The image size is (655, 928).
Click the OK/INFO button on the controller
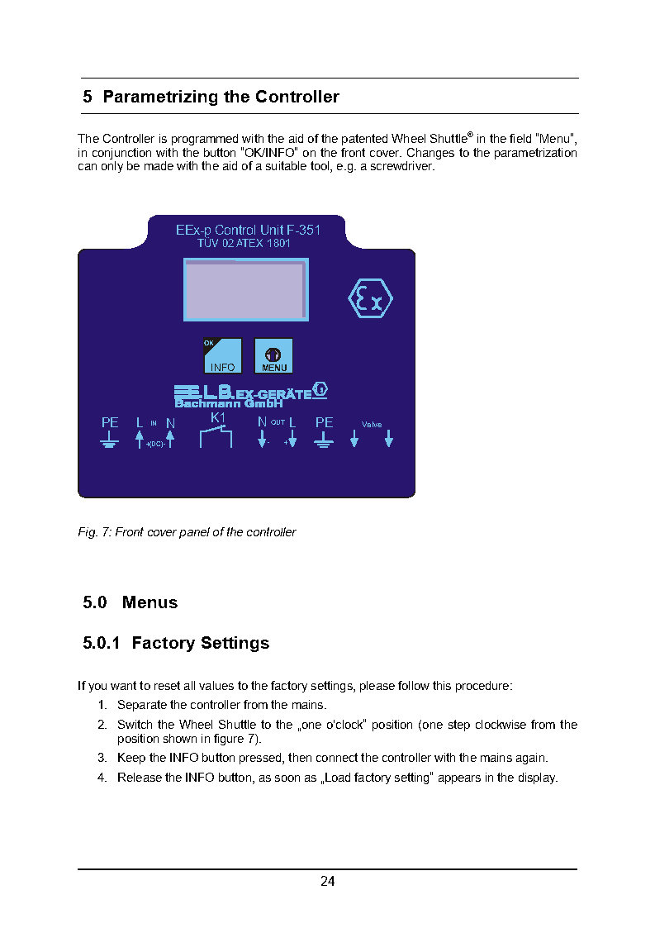point(222,355)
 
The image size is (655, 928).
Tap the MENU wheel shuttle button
point(273,355)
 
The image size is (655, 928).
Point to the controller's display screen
point(245,289)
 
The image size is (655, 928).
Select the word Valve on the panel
point(372,425)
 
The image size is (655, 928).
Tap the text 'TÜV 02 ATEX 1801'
point(244,245)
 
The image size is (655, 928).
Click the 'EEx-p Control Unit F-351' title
point(248,231)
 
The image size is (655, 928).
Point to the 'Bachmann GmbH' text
point(228,403)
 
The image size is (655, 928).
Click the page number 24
point(328,882)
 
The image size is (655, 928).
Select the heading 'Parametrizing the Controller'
point(221,97)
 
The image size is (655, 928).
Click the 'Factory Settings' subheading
point(200,643)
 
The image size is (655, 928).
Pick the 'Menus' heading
point(150,602)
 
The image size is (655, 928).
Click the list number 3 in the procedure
point(102,758)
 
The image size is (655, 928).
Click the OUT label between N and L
point(278,422)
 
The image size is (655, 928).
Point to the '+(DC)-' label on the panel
point(155,445)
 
